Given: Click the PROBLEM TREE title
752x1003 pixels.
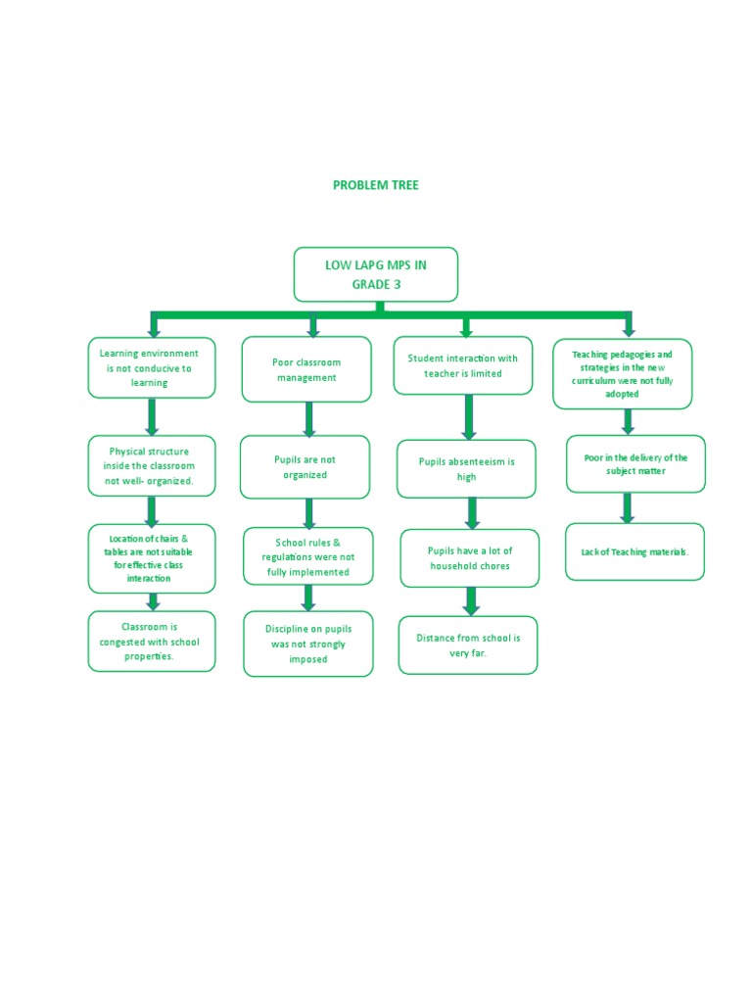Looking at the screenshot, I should (375, 185).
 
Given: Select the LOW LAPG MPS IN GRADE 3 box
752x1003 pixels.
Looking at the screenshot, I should (375, 274).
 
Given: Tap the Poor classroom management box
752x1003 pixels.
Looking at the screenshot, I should (305, 369).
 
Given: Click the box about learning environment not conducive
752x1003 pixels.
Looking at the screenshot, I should (151, 367).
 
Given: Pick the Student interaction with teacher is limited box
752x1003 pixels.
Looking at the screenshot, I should (462, 365).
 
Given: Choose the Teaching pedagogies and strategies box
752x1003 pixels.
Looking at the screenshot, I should (622, 373).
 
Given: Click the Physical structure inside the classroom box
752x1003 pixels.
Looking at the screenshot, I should (151, 466).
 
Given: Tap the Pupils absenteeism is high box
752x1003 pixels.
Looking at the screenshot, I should (466, 469).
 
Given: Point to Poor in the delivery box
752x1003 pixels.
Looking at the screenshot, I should (634, 463).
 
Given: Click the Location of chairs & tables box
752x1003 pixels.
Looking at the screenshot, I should (151, 558).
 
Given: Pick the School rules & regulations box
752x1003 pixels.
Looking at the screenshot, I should (307, 556).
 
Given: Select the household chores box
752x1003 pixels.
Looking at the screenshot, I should (469, 558).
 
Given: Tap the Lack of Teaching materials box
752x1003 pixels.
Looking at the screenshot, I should (634, 551).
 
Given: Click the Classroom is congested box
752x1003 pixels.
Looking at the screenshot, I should (151, 642).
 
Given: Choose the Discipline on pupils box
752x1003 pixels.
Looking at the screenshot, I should (307, 645).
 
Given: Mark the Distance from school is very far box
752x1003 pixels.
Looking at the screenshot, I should (468, 645).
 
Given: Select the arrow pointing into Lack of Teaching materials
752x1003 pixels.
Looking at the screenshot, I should (628, 507).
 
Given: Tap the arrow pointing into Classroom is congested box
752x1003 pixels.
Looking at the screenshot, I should (153, 601).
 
